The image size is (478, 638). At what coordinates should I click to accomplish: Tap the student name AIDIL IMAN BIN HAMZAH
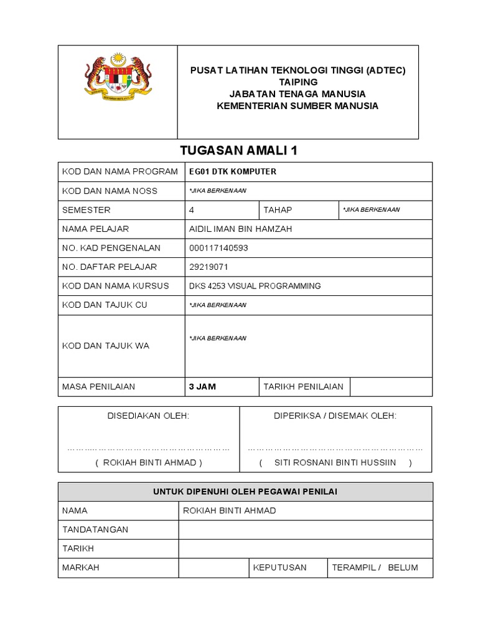(240, 229)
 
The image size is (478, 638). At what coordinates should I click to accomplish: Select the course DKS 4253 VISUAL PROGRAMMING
(255, 286)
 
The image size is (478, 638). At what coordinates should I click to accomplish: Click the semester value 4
(192, 210)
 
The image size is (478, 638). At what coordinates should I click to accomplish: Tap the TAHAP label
(278, 210)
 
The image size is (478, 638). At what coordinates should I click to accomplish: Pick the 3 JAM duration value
(202, 386)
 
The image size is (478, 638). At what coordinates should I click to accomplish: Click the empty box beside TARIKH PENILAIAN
(390, 386)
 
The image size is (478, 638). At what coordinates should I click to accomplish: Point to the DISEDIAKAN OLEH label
(149, 416)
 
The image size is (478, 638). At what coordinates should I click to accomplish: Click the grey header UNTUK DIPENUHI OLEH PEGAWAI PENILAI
(245, 492)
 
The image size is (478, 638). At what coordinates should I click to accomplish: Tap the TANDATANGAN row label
(95, 530)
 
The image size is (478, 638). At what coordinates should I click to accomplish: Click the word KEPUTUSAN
(279, 568)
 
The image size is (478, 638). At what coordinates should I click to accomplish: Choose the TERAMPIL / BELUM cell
(375, 568)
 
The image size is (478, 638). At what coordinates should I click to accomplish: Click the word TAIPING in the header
(298, 82)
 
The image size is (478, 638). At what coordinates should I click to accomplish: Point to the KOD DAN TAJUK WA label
(106, 346)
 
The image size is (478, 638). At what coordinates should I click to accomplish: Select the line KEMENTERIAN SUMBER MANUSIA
(298, 105)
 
